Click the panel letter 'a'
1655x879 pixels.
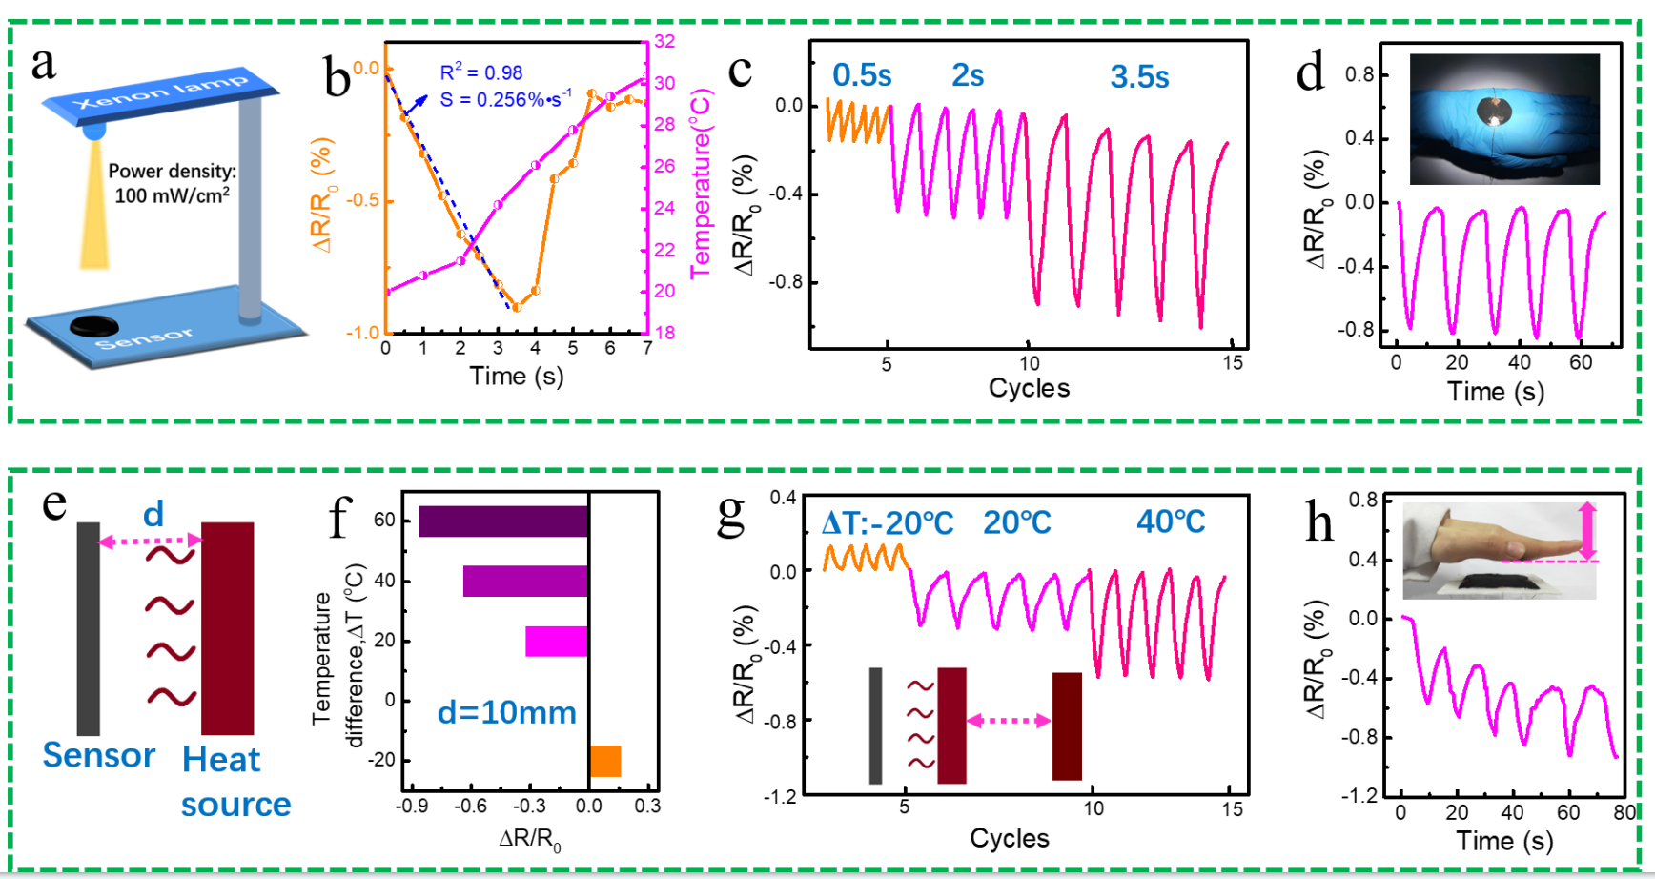pyautogui.click(x=43, y=65)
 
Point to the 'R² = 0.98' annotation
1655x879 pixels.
pyautogui.click(x=480, y=72)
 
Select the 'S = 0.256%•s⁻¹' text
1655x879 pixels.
pyautogui.click(x=505, y=98)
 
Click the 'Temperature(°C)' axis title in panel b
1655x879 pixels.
pyautogui.click(x=702, y=184)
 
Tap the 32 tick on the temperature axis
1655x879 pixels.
pyautogui.click(x=664, y=41)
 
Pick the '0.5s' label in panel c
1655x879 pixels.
pyautogui.click(x=861, y=75)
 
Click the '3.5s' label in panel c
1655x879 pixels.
pyautogui.click(x=1138, y=76)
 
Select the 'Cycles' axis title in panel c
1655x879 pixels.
pyautogui.click(x=1029, y=388)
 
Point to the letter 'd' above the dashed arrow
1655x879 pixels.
pyautogui.click(x=153, y=515)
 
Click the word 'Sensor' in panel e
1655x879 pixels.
pyautogui.click(x=98, y=755)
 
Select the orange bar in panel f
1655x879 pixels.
pyautogui.click(x=605, y=761)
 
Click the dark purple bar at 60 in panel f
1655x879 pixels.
pyautogui.click(x=503, y=521)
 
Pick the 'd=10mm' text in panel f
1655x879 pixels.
pyautogui.click(x=506, y=712)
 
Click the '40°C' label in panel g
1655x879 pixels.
pyautogui.click(x=1170, y=521)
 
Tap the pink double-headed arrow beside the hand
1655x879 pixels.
pyautogui.click(x=1586, y=531)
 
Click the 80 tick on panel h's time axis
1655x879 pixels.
pyautogui.click(x=1624, y=812)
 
